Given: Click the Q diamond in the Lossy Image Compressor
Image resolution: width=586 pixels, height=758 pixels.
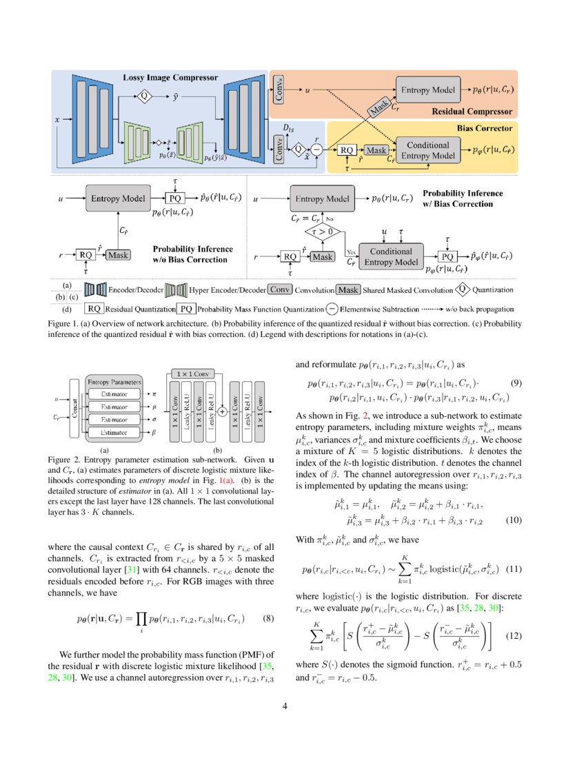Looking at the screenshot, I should (x=145, y=96).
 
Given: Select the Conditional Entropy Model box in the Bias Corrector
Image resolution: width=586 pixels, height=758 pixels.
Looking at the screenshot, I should (x=427, y=150).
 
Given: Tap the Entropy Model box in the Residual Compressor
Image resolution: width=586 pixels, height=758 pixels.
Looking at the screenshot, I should (x=427, y=90).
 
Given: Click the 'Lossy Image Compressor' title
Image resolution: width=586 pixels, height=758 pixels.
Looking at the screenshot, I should (x=170, y=77).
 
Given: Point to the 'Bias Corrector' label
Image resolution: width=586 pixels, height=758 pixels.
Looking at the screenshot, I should (x=484, y=128).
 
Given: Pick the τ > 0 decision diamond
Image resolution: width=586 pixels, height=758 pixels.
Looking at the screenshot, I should (x=323, y=232).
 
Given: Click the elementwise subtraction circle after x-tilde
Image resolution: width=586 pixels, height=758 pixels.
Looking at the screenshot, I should (x=316, y=148).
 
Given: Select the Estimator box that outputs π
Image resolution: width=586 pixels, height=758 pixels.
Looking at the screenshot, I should (x=114, y=393).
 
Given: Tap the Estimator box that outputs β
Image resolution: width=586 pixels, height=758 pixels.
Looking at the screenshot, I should (x=114, y=432).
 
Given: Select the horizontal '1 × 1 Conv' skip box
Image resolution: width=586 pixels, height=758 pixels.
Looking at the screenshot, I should (x=192, y=373).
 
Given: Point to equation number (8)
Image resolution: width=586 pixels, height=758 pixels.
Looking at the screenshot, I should (x=270, y=598).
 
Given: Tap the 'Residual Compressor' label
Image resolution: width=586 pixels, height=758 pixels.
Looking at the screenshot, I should (x=472, y=111).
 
